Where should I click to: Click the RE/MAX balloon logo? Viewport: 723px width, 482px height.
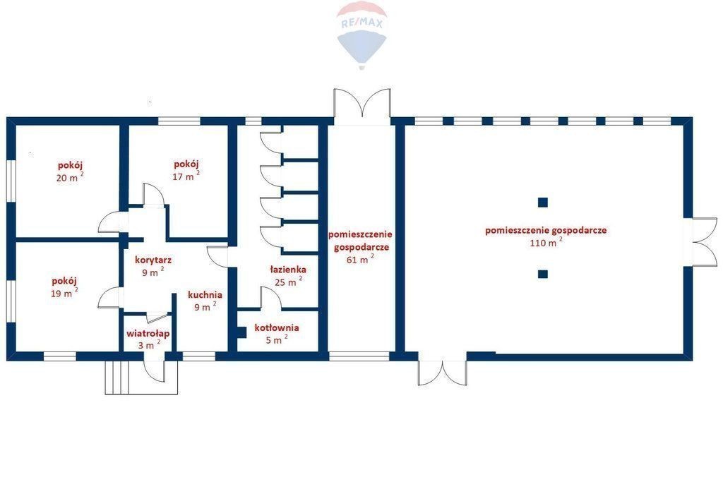coord(362,35)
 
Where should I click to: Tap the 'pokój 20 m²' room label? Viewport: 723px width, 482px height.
coord(70,171)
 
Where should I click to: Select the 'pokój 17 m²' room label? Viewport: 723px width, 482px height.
coord(186,170)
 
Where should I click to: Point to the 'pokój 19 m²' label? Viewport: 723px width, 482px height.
coord(64,287)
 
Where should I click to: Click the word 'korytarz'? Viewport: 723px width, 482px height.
coord(153,260)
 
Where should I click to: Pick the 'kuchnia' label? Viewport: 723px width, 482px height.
coord(205,294)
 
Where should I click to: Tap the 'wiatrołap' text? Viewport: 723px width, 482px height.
coord(148,334)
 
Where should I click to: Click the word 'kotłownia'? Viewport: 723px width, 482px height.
coord(277,327)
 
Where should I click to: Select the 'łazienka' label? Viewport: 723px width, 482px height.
coord(288,270)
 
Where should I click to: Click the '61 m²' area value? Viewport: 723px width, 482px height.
coord(360,259)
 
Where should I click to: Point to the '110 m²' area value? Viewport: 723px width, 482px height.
coord(546,242)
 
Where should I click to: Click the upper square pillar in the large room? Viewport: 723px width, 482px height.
coord(543,202)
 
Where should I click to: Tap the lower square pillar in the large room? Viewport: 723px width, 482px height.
coord(543,275)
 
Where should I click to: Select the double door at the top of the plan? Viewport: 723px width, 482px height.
coord(363,104)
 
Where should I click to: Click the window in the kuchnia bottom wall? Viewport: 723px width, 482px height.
coord(199,356)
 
